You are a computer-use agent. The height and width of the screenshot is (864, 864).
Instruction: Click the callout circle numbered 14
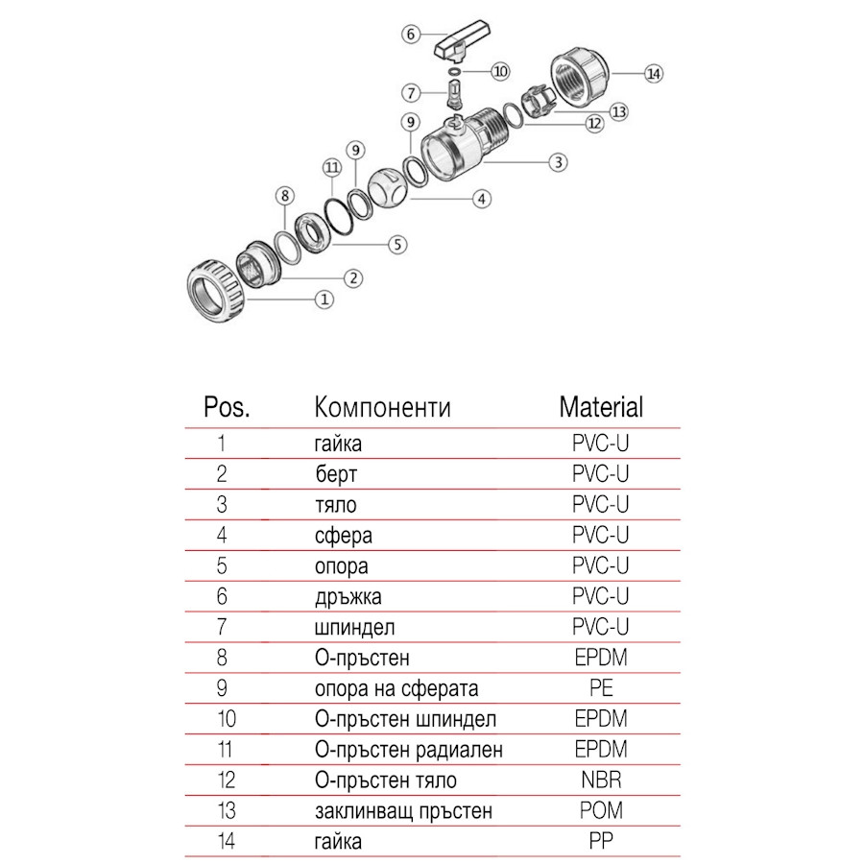tap(655, 74)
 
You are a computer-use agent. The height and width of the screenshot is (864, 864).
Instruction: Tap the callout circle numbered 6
tap(410, 34)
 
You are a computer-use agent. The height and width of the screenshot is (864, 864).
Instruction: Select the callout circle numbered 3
tap(557, 162)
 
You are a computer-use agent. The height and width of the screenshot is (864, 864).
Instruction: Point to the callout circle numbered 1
tap(324, 300)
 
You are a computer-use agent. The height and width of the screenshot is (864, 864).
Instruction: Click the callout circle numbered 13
tap(618, 112)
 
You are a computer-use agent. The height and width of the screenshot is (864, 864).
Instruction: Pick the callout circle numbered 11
tap(332, 167)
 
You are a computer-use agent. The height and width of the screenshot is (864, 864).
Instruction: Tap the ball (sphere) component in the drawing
tap(384, 181)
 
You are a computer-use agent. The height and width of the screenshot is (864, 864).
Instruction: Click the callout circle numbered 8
tap(283, 196)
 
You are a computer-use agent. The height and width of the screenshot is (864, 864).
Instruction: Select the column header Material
tap(601, 406)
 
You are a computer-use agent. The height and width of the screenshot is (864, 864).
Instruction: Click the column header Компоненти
tap(382, 406)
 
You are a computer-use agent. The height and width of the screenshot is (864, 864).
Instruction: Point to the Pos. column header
tap(228, 406)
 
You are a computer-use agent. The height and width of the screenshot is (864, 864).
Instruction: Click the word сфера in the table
tap(343, 535)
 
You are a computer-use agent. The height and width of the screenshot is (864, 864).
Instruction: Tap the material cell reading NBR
tap(601, 780)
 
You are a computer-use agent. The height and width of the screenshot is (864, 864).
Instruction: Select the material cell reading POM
tap(601, 811)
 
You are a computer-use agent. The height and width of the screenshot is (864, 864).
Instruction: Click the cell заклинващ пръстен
tap(403, 811)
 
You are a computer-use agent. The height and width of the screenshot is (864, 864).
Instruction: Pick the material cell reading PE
tap(601, 688)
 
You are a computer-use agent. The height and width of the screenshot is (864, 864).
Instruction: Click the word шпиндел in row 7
tap(354, 627)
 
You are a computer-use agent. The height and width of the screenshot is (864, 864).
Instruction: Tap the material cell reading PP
tap(601, 842)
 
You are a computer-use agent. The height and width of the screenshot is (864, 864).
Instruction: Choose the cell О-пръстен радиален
tap(408, 750)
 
